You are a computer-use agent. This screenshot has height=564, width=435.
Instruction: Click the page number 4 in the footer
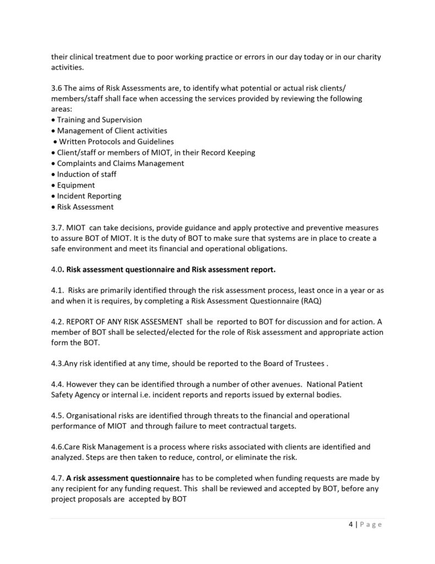351,524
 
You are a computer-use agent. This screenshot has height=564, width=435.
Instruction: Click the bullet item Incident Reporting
89,196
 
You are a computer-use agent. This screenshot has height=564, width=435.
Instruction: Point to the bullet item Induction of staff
87,174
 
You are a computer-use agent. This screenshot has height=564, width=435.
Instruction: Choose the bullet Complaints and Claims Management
120,163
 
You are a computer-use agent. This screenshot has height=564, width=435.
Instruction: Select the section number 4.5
58,415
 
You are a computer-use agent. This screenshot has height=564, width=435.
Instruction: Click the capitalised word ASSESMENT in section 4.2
159,322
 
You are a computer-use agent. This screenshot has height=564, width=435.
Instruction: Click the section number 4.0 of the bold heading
57,270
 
